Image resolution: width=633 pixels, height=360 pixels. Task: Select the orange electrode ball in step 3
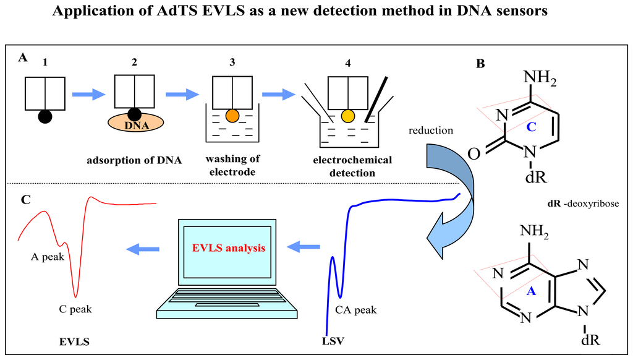point(231,116)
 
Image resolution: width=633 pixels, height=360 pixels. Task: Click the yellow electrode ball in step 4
point(348,115)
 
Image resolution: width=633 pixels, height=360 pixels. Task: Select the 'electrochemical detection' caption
point(352,166)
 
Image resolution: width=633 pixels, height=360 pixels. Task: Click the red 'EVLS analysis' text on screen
point(229,248)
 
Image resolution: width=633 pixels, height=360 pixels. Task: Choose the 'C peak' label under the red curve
point(76,309)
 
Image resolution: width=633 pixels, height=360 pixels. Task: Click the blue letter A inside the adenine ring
point(530,291)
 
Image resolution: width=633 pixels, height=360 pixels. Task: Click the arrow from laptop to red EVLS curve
point(142,249)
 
